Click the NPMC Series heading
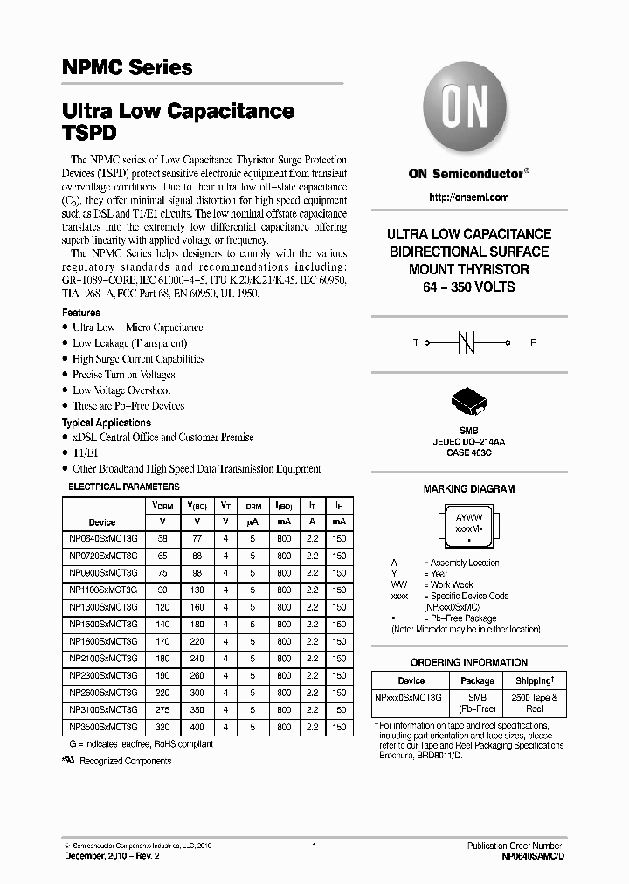pos(127,67)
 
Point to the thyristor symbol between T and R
pos(468,343)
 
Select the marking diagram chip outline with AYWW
pos(468,527)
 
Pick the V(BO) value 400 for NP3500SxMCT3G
pos(197,727)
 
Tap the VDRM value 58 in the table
pos(162,539)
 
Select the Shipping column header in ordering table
pos(534,680)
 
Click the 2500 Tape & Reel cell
pos(534,702)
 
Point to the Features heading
pos(80,312)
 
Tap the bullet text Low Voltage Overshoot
pos(121,390)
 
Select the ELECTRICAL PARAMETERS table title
pos(123,487)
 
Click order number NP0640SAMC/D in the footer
pos(527,857)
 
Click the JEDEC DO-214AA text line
pos(468,441)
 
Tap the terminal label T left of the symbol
pos(416,343)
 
